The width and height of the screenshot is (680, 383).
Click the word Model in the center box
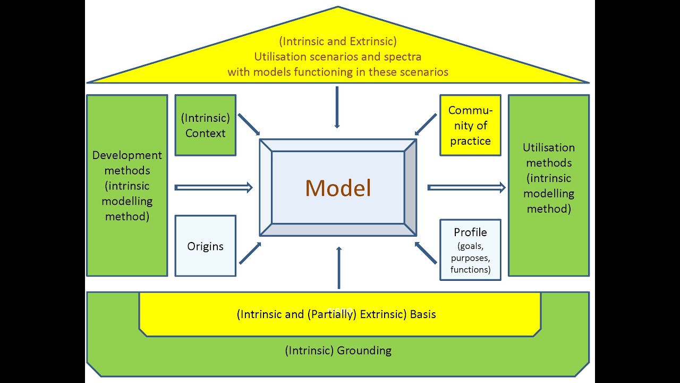[x=338, y=188]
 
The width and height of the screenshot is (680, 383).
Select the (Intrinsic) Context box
[x=205, y=126]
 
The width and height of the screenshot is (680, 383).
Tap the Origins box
[x=205, y=246]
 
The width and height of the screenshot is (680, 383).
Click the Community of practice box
[x=470, y=126]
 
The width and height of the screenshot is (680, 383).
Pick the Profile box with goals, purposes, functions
[x=470, y=250]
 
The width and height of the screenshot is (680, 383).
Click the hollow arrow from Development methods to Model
[x=214, y=187]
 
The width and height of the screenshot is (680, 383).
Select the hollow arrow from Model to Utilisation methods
[x=466, y=187]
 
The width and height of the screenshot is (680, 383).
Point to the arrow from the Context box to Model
[x=249, y=124]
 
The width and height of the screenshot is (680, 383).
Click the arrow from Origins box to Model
[x=250, y=253]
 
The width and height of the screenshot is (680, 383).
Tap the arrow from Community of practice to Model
[x=426, y=124]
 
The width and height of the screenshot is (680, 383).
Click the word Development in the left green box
[x=127, y=155]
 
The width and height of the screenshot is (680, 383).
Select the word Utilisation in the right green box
[x=549, y=147]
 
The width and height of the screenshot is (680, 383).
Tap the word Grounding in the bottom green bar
[x=362, y=351]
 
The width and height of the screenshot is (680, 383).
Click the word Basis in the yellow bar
[x=423, y=314]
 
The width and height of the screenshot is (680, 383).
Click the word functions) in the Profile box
[x=470, y=270]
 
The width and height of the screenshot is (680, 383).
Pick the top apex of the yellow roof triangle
[x=338, y=7]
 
